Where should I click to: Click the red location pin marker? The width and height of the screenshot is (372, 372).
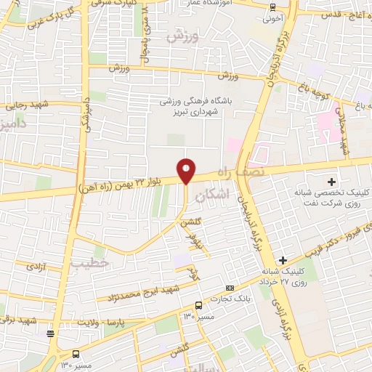(187, 171)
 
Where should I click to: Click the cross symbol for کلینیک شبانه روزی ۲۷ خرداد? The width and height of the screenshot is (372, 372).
(283, 259)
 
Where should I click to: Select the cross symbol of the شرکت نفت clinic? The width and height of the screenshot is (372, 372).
(332, 181)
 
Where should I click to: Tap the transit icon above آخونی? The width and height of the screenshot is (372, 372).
(272, 8)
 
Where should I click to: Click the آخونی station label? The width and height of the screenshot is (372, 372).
(271, 20)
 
